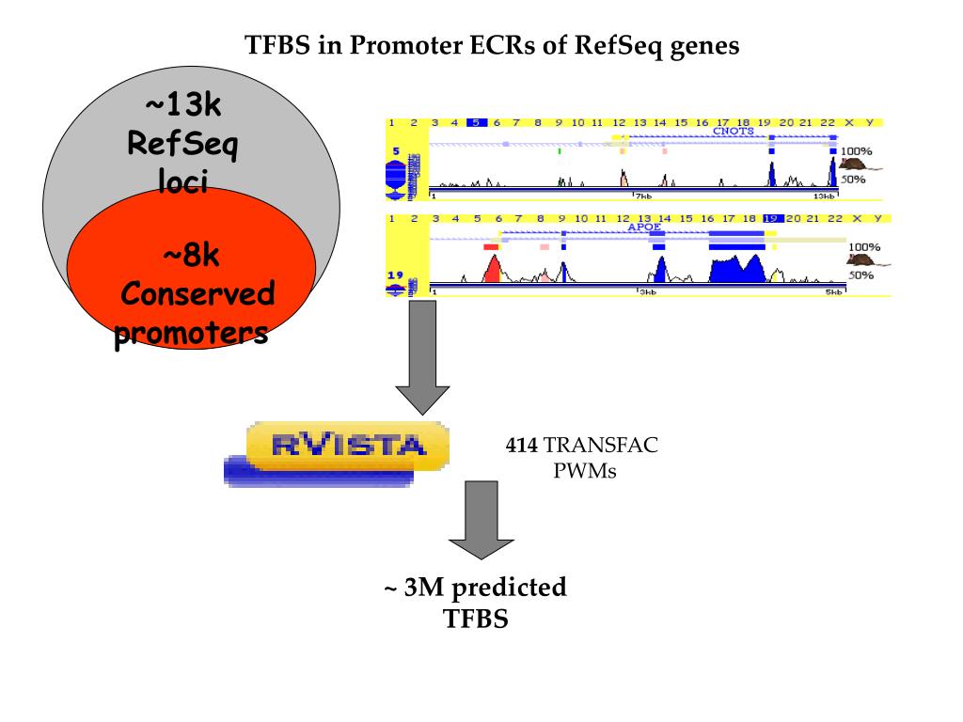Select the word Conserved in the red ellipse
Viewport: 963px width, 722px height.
point(198,294)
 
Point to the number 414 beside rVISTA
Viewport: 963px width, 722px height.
point(521,446)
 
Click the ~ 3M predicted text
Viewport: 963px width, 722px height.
point(475,588)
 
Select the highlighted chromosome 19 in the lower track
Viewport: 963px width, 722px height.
point(772,218)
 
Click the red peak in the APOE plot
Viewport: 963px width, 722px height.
point(492,270)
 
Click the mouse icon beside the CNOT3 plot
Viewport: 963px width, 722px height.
point(854,164)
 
